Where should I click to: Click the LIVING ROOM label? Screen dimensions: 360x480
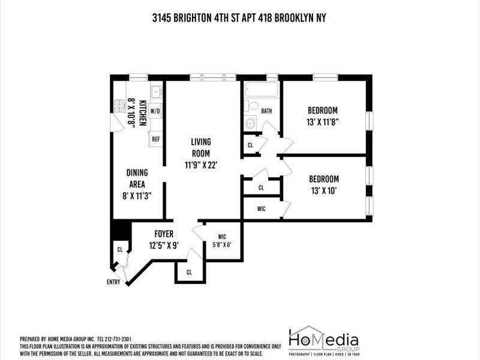(x=200, y=148)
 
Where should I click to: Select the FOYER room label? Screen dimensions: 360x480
(x=164, y=234)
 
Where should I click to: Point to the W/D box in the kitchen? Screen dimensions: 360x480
(x=155, y=112)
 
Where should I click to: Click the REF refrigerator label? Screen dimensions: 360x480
(x=155, y=139)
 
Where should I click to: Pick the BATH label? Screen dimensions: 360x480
(x=266, y=111)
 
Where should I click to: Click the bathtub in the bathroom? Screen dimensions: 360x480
(x=262, y=91)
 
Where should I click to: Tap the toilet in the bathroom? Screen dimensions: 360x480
(x=253, y=107)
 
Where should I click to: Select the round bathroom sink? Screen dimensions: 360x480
(x=250, y=124)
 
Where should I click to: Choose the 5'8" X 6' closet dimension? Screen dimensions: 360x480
(x=221, y=244)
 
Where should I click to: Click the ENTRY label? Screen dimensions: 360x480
(x=113, y=281)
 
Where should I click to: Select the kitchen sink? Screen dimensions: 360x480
(x=155, y=91)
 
